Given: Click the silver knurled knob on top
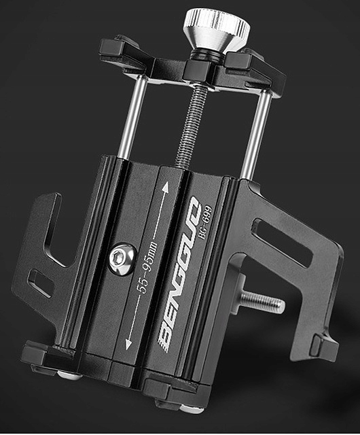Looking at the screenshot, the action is tap(216, 30).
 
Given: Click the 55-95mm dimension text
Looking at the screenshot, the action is tap(147, 267).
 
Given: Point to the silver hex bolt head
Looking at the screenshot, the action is tap(122, 260).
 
